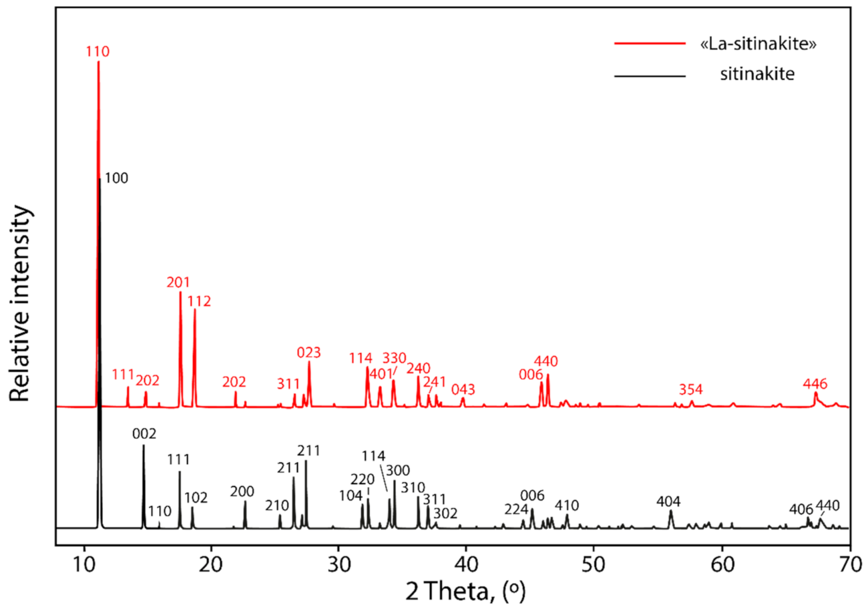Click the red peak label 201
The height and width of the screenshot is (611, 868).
179,282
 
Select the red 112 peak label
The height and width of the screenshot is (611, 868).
199,300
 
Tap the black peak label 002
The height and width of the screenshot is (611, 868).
144,434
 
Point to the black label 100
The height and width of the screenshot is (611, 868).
116,178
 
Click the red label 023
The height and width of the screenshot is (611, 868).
309,352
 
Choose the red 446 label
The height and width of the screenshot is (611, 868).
815,383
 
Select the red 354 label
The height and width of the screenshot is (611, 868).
691,389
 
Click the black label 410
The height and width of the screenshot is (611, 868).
567,505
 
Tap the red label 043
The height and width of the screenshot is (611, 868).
463,389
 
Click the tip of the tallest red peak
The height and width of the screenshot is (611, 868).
98,62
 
